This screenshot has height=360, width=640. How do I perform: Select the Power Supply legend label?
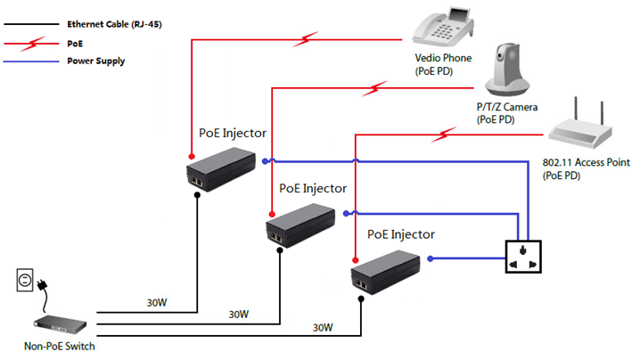click(95, 61)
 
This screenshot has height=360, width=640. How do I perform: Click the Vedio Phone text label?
click(443, 59)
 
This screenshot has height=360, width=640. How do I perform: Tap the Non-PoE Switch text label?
click(60, 347)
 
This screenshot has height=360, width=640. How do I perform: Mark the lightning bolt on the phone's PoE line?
click(308, 37)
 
